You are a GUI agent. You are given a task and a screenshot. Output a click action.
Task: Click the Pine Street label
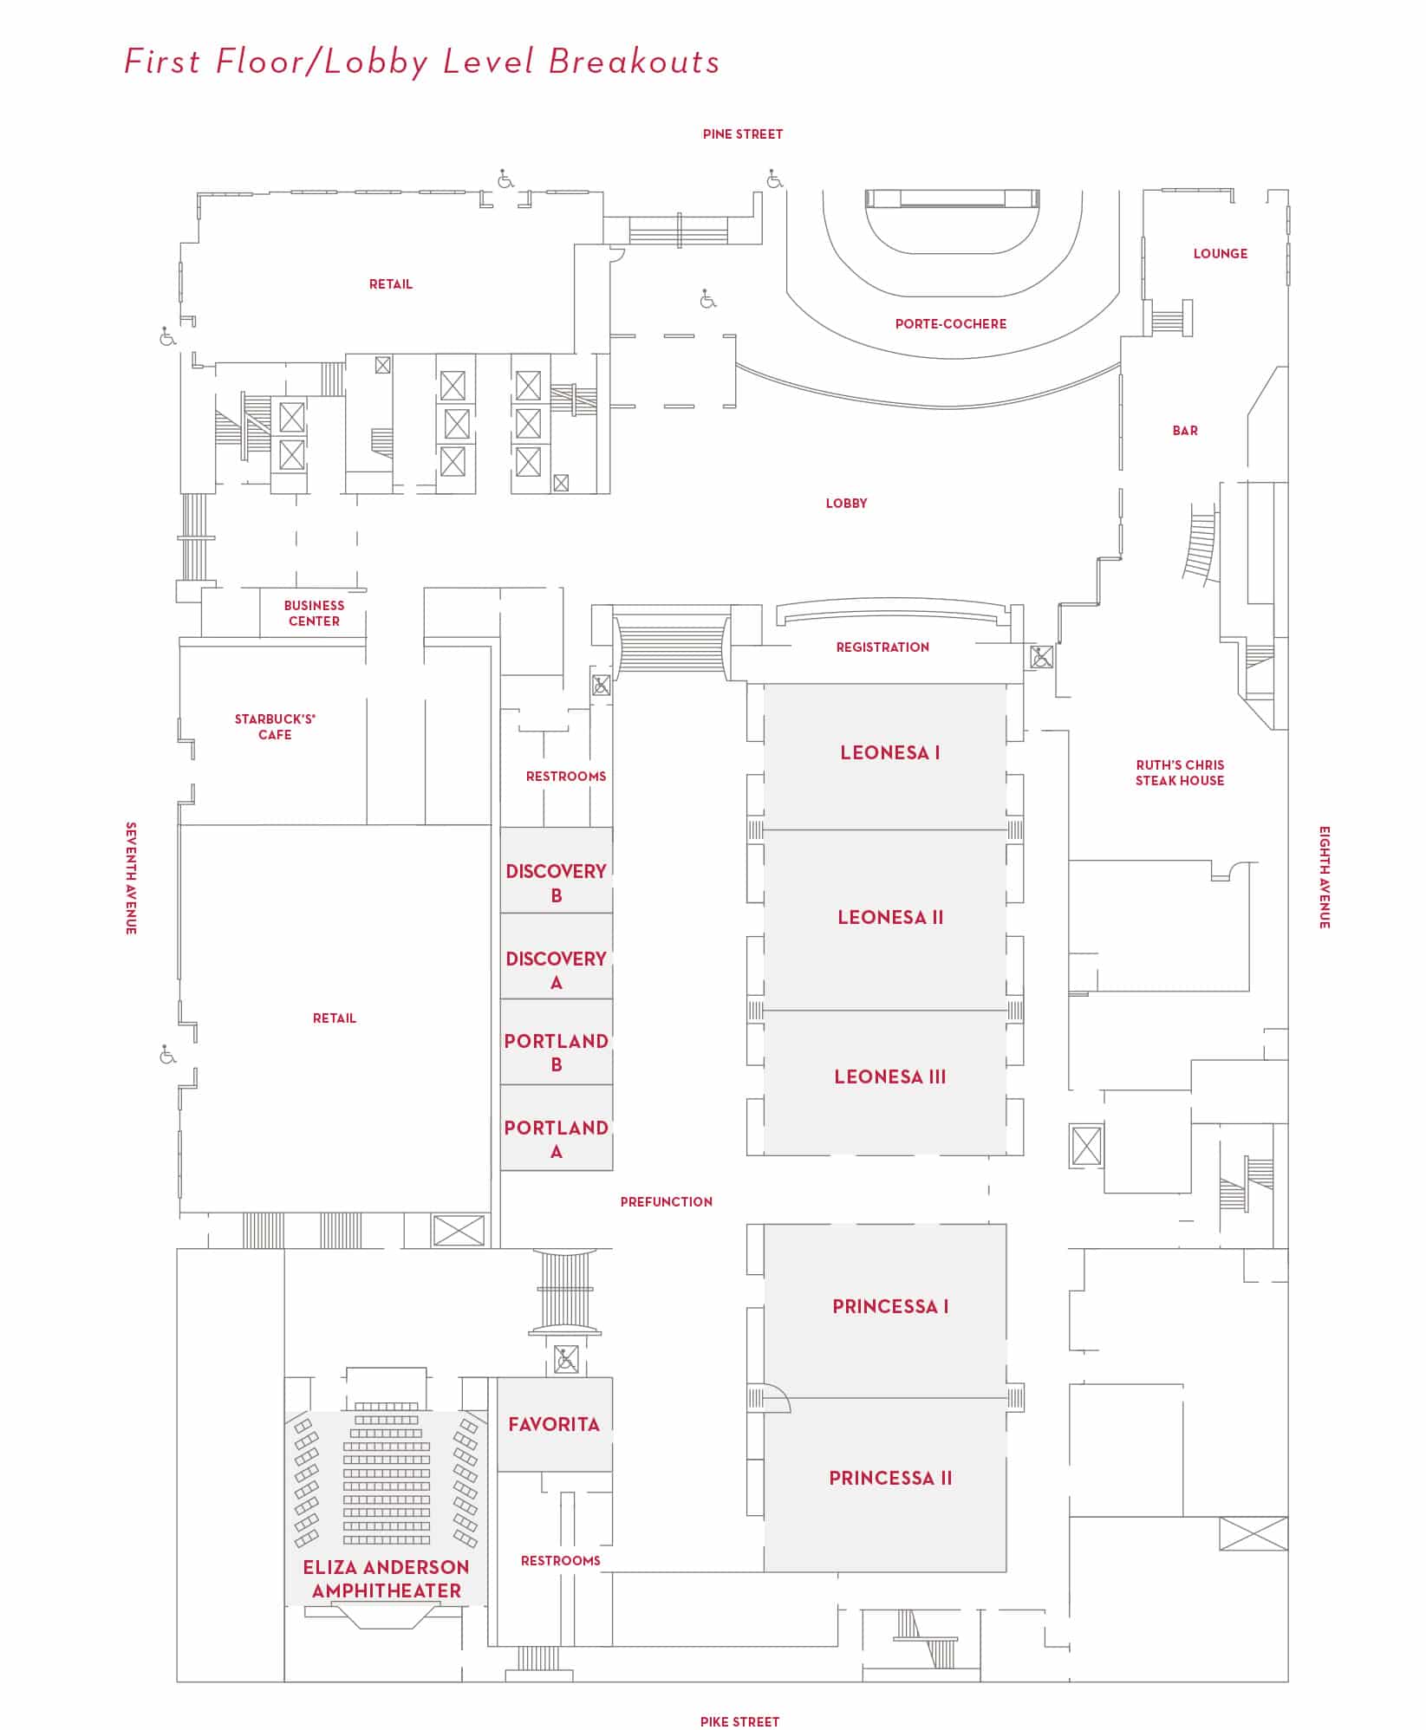742,134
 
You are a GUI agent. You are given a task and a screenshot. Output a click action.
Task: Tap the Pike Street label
739,1721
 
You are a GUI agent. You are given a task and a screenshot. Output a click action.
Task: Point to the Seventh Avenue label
131,878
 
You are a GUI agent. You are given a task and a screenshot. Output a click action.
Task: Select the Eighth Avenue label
1324,877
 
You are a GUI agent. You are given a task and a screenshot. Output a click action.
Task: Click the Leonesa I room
889,752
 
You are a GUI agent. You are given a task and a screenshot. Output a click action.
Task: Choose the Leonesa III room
889,1076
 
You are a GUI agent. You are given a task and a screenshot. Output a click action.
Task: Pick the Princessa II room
889,1478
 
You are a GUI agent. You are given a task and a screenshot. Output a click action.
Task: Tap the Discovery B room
556,882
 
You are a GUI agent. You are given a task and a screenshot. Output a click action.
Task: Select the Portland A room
556,1139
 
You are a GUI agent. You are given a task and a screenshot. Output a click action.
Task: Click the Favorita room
554,1424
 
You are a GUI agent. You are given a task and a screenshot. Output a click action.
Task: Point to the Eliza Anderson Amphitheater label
386,1578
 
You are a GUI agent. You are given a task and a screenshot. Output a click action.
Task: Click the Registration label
882,647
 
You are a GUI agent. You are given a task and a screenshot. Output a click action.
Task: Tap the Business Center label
314,613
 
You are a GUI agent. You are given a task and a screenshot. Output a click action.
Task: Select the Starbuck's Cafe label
275,726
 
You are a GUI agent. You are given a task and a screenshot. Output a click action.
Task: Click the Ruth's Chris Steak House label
1180,772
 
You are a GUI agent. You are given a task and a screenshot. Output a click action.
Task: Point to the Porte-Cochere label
950,324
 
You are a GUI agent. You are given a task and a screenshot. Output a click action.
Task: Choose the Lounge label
1220,254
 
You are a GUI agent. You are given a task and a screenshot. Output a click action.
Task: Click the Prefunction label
666,1201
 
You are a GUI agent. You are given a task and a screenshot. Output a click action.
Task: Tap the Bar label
1184,431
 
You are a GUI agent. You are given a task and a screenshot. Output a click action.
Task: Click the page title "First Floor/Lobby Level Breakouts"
422,62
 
